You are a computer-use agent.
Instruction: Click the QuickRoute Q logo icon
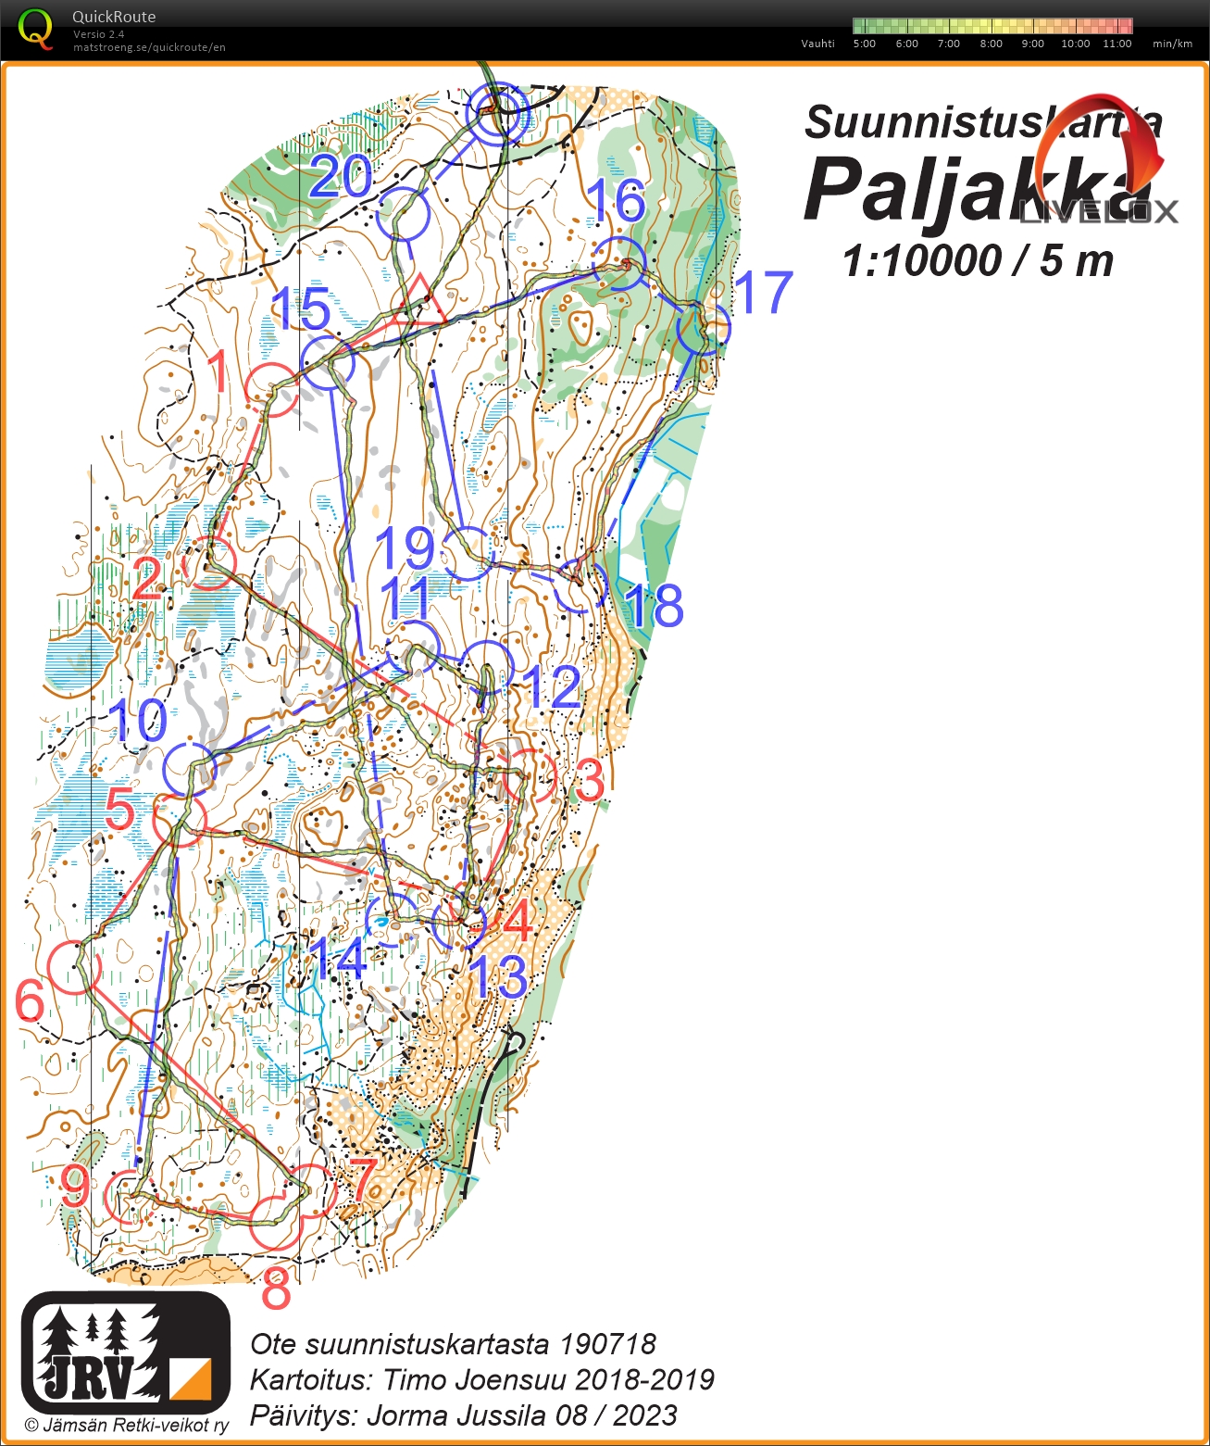point(35,29)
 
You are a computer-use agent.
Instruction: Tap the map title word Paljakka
point(972,190)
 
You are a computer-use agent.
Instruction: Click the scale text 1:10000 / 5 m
point(978,261)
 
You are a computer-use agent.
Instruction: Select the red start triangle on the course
point(419,301)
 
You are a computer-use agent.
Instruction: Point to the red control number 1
point(218,372)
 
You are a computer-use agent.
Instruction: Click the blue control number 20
point(341,176)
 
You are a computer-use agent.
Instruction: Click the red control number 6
point(30,1001)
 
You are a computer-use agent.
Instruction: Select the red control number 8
point(276,1289)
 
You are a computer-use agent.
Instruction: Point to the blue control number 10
point(139,721)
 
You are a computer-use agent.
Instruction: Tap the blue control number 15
point(301,309)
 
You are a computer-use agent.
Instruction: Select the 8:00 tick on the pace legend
point(991,44)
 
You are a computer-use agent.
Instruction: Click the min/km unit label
point(1172,44)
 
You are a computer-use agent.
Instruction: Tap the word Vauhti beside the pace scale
point(817,44)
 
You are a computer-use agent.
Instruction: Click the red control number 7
point(362,1181)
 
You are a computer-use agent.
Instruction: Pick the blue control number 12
point(552,687)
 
